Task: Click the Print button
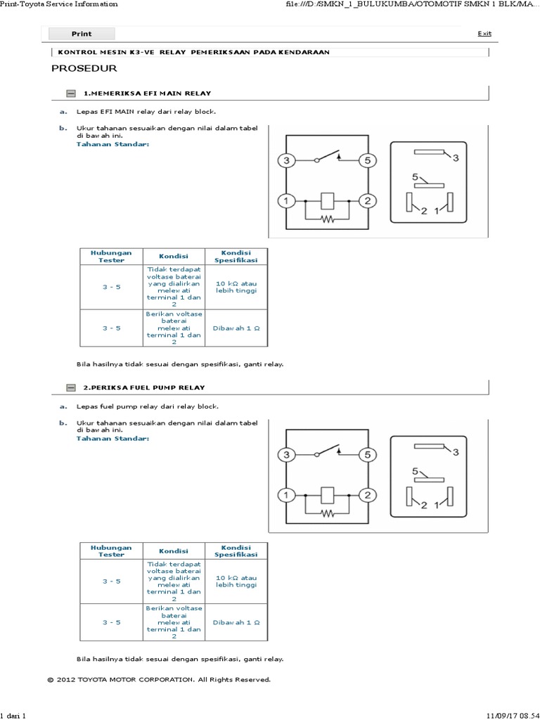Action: [82, 34]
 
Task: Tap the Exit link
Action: [484, 34]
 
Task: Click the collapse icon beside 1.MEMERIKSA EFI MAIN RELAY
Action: [70, 94]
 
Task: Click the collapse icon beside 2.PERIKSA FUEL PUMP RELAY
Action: [70, 388]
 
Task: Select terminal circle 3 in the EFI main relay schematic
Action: [286, 161]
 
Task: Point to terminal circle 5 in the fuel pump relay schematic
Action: [366, 455]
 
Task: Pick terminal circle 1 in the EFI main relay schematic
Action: [286, 202]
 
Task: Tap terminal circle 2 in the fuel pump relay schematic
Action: [366, 496]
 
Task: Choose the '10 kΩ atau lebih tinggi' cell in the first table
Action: [236, 287]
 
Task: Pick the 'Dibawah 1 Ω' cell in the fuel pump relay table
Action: [236, 622]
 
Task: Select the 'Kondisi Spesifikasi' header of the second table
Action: [236, 551]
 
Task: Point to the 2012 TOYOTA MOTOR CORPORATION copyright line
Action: [158, 679]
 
